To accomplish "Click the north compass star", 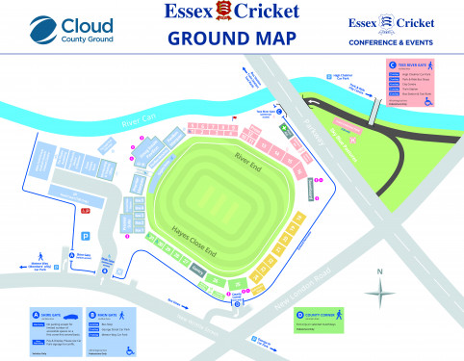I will coord(380,295).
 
